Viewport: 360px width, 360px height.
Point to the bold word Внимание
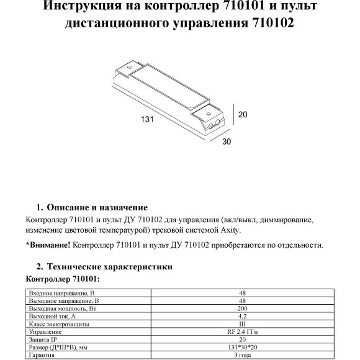pyautogui.click(x=49, y=245)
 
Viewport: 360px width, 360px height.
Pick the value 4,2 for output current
pyautogui.click(x=243, y=317)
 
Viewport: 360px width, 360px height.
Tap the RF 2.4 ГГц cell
pyautogui.click(x=243, y=332)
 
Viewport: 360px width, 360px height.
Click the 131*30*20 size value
pyautogui.click(x=243, y=348)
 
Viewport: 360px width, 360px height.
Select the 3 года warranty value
pyautogui.click(x=243, y=356)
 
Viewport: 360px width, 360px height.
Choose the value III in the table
pyautogui.click(x=243, y=324)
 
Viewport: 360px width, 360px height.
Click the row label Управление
pyautogui.click(x=46, y=332)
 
